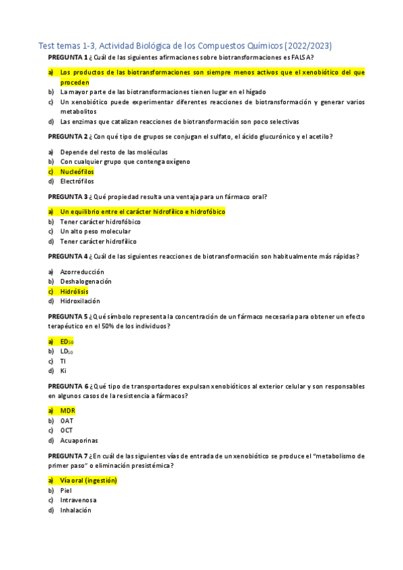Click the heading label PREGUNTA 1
point(68,57)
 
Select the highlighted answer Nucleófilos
point(77,171)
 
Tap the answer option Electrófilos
point(77,181)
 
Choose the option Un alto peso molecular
point(95,231)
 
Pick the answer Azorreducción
point(82,272)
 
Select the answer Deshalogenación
point(85,282)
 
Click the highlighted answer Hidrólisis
point(74,291)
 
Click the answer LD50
point(67,351)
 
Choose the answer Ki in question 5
point(63,370)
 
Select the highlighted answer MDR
point(67,411)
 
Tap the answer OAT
point(67,421)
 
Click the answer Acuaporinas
point(79,440)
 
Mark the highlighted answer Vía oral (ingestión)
point(88,481)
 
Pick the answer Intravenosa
point(78,500)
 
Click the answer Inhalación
point(75,510)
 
